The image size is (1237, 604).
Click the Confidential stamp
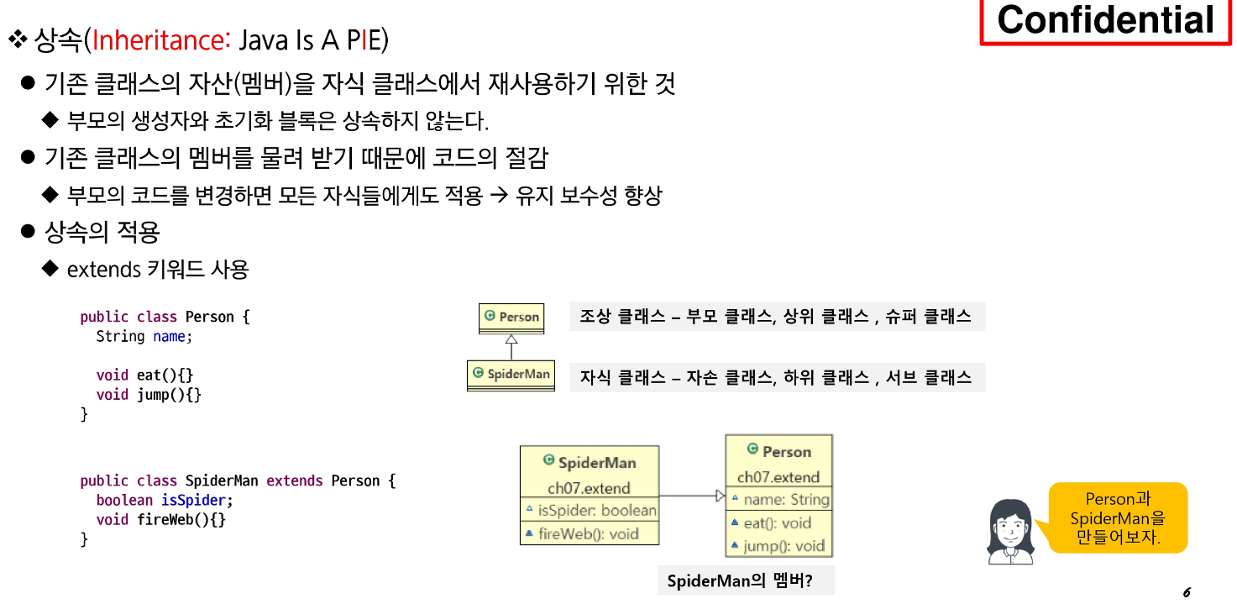(x=1105, y=21)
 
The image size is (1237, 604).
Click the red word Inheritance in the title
(x=160, y=40)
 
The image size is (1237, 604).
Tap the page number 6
(x=1187, y=592)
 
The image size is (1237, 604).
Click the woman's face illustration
(x=1010, y=532)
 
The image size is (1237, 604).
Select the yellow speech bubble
(x=1117, y=517)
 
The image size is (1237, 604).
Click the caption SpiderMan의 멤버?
(x=740, y=580)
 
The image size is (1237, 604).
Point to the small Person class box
(x=511, y=319)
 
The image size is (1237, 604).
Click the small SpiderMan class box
(x=511, y=376)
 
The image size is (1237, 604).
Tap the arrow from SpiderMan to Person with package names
(x=693, y=496)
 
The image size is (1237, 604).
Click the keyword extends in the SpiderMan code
(x=294, y=481)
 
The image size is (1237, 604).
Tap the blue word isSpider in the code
(x=193, y=501)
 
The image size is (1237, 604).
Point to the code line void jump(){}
(x=149, y=395)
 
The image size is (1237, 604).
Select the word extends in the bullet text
(x=104, y=270)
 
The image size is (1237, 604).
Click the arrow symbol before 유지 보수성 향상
(x=499, y=195)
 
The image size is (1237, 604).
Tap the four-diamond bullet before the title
(x=18, y=39)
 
